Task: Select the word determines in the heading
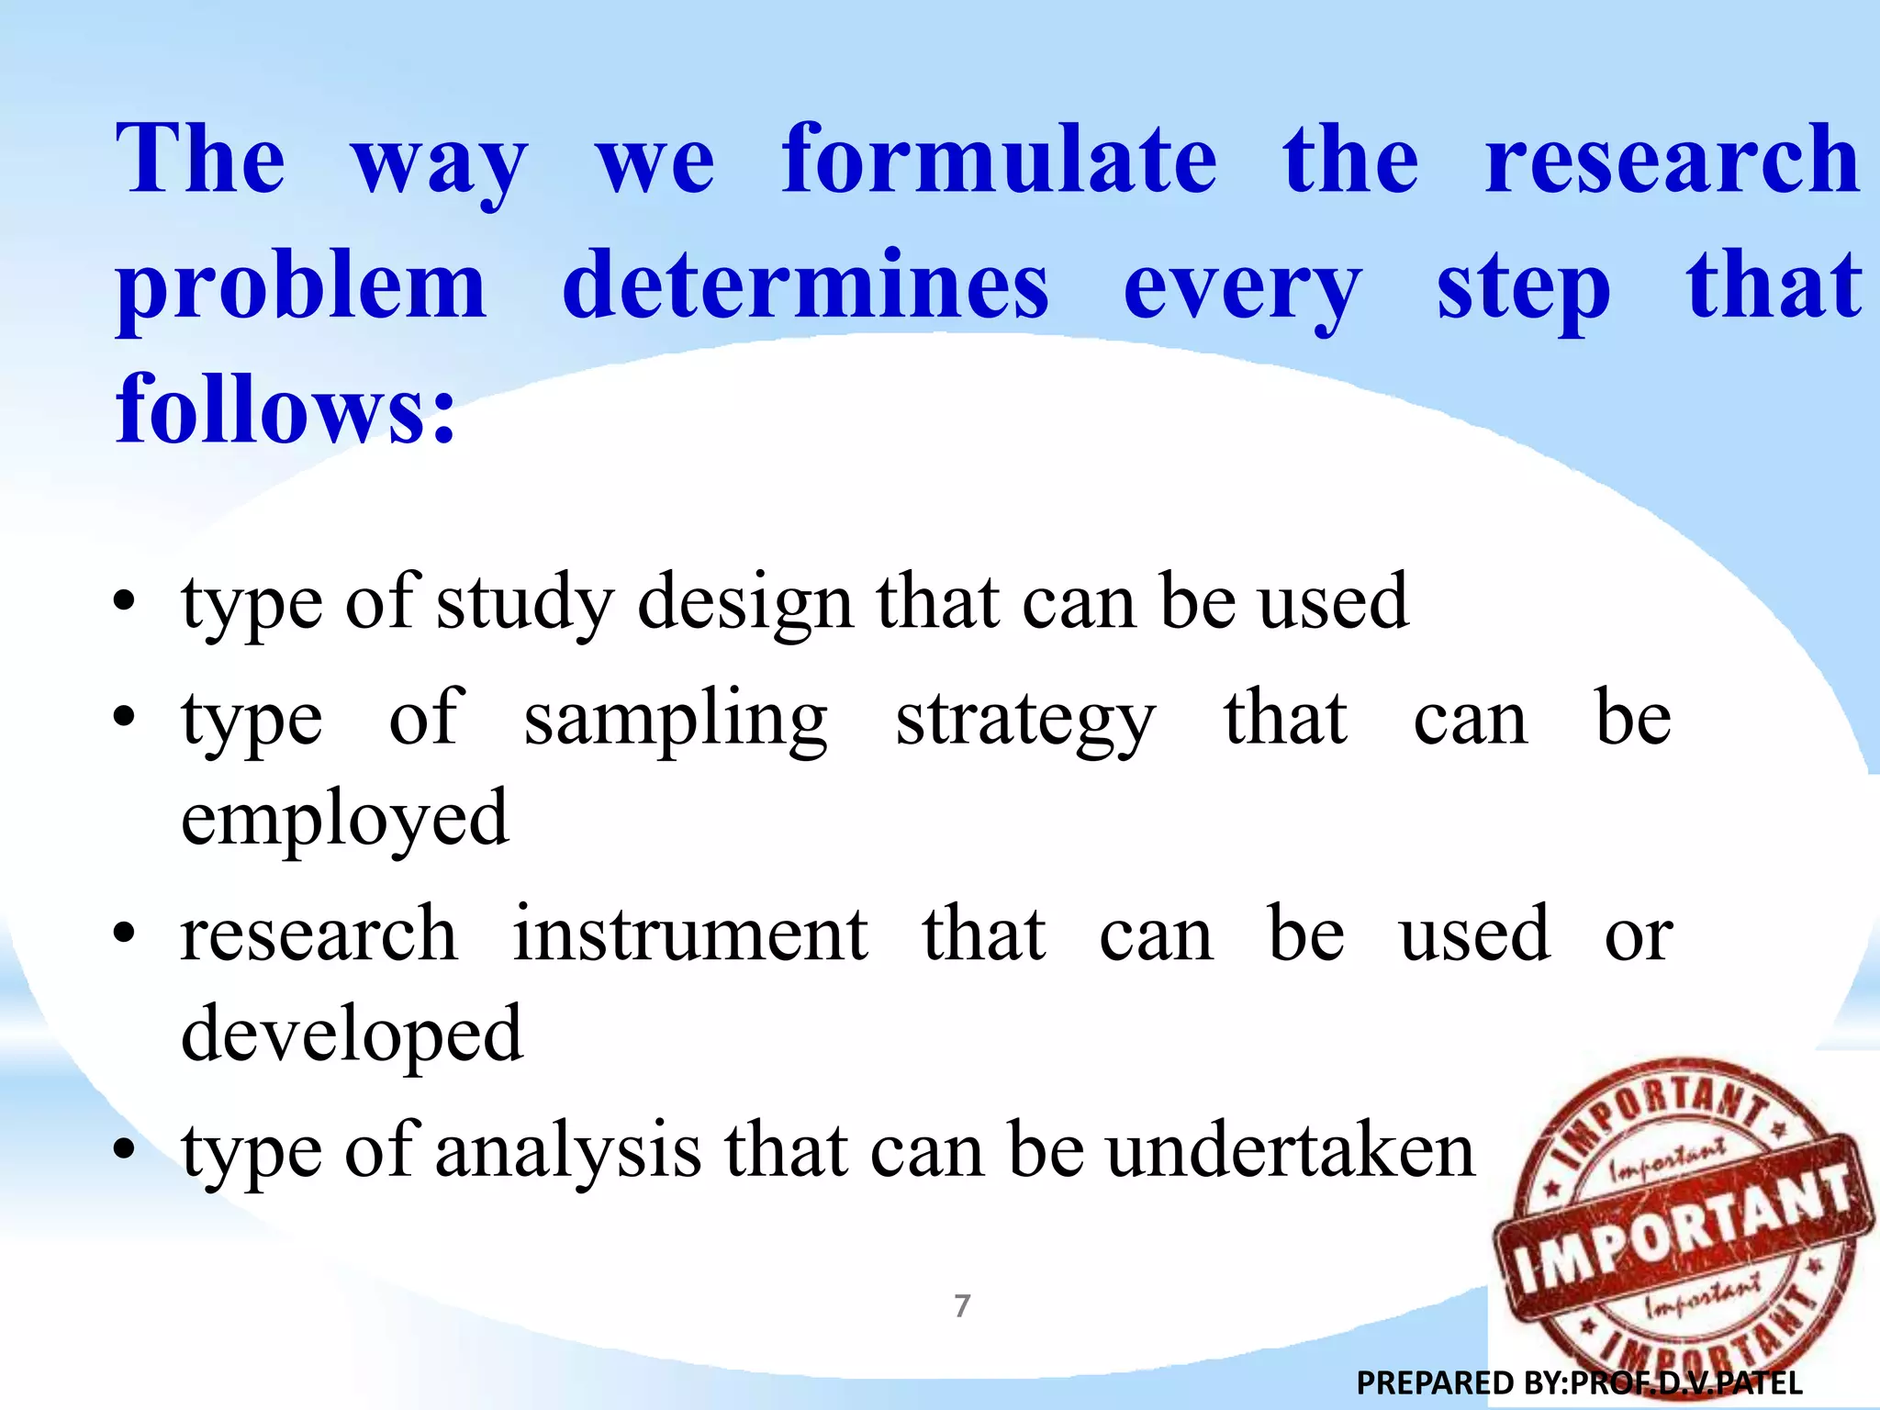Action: tap(805, 286)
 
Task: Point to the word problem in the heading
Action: tap(300, 286)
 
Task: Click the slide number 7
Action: tap(962, 1305)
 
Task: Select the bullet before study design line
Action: tap(125, 604)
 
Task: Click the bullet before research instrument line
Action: tap(125, 935)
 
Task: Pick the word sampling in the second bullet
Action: tap(676, 721)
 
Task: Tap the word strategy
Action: tap(1024, 721)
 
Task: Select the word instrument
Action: tap(689, 935)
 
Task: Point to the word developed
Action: tap(352, 1035)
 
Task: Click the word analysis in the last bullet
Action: tap(568, 1151)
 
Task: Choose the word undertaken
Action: tap(1290, 1151)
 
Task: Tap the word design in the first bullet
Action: tap(745, 604)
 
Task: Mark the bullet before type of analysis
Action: tap(125, 1151)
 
